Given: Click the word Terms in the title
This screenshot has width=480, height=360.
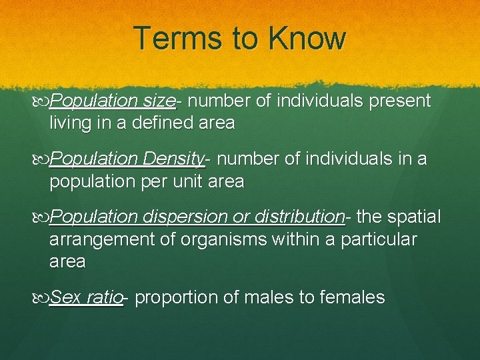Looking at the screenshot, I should point(175,39).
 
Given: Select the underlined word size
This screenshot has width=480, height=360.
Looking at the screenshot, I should point(159,101).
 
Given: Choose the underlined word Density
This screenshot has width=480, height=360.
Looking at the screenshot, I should point(173,159).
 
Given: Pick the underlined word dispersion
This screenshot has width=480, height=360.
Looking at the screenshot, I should point(183,217).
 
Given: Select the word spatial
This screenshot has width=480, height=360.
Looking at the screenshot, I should point(415,217).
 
